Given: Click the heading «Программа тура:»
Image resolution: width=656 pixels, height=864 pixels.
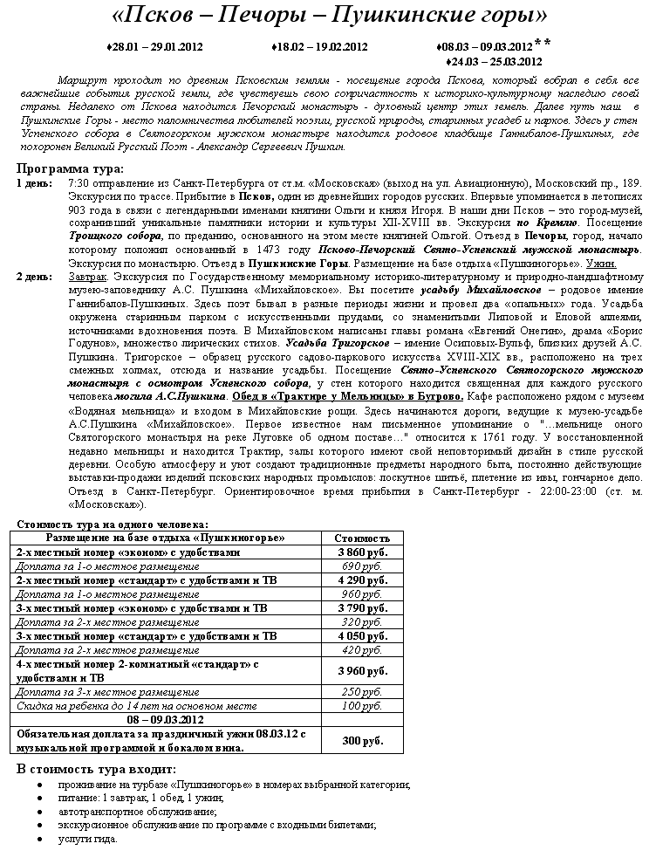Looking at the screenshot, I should pyautogui.click(x=71, y=168).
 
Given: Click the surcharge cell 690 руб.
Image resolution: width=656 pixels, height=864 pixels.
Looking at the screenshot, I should pyautogui.click(x=363, y=566).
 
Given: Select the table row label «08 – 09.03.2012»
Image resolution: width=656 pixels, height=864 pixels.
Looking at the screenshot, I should pyautogui.click(x=166, y=719).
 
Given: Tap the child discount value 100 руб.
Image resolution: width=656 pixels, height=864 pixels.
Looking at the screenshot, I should pyautogui.click(x=363, y=705).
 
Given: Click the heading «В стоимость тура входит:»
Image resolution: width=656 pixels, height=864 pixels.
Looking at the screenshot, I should pyautogui.click(x=96, y=769).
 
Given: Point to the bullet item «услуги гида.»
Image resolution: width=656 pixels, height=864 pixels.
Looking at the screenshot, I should pyautogui.click(x=88, y=839).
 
